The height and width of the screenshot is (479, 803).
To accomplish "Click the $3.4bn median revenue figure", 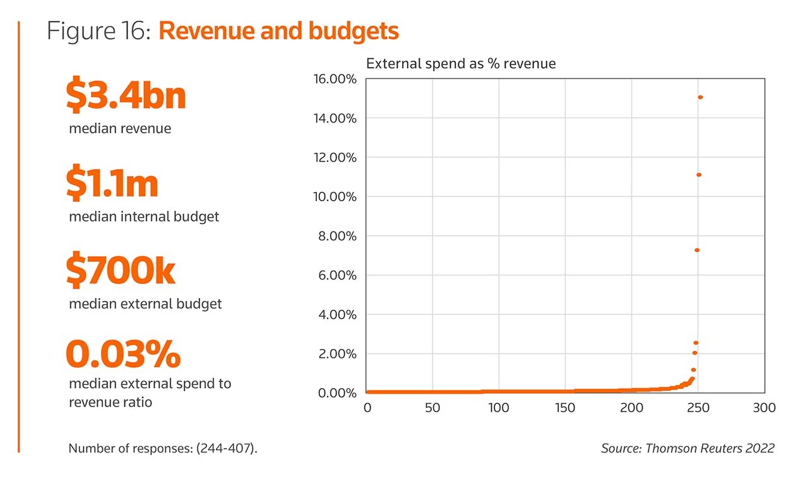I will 126,96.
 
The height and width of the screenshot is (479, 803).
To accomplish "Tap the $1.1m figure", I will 112,184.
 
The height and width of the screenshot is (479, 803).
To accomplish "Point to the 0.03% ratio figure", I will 123,354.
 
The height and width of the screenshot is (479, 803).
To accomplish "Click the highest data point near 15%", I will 700,97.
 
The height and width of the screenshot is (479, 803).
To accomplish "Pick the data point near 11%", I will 699,175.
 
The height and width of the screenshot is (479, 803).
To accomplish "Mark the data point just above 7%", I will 697,250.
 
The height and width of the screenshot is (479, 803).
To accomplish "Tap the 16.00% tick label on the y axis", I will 335,79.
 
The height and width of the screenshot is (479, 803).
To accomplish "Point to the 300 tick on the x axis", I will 764,408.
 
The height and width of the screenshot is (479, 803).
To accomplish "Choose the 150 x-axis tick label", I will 565,408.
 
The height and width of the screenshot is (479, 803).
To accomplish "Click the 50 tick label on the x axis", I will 432,408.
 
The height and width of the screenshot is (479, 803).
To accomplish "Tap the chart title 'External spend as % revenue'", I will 461,63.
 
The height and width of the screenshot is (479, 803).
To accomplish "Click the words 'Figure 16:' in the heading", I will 98,31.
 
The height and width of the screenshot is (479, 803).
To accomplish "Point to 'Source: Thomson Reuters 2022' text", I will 687,448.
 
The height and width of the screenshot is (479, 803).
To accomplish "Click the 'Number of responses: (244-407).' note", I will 163,449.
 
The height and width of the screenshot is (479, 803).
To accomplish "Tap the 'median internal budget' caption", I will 144,216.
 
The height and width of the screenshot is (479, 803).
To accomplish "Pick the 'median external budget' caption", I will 145,304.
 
